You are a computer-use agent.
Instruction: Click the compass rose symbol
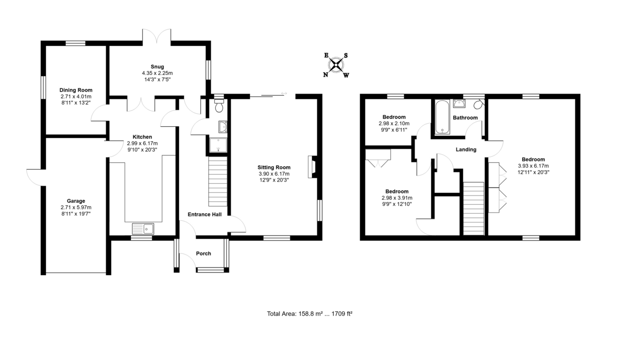(336, 65)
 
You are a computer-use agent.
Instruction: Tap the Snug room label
(157, 67)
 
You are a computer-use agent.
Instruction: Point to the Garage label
(76, 201)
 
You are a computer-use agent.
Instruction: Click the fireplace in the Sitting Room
(313, 167)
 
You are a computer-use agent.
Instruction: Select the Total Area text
(309, 313)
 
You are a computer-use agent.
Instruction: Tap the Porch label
(203, 253)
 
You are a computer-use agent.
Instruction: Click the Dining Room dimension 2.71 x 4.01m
(76, 96)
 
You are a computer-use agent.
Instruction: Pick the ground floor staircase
(218, 182)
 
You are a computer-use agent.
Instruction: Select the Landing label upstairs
(466, 149)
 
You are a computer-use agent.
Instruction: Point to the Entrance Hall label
(204, 214)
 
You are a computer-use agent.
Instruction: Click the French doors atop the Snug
(157, 36)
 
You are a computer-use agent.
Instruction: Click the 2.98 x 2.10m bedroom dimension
(394, 124)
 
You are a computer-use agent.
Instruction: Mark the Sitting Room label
(274, 167)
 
